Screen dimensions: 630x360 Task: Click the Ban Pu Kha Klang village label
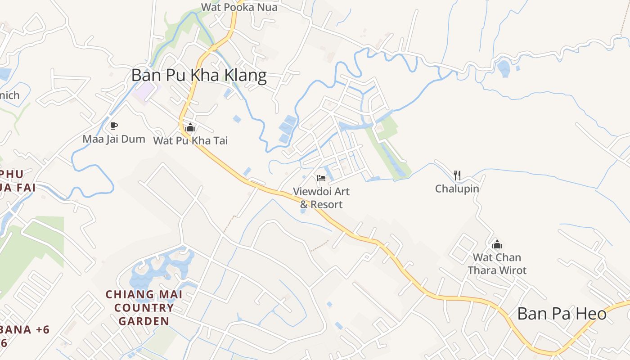199,75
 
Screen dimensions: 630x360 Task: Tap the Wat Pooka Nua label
239,7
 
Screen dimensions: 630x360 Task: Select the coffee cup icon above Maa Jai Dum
114,126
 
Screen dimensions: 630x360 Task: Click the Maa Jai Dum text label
114,139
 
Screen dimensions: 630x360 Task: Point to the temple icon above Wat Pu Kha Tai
190,127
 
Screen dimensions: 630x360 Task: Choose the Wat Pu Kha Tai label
190,141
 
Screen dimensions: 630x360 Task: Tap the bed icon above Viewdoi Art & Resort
321,178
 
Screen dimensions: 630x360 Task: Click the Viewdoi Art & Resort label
321,198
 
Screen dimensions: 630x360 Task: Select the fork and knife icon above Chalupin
457,175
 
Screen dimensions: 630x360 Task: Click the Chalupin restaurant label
457,189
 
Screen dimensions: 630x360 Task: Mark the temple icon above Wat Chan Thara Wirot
497,244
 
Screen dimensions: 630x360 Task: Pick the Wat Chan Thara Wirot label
497,264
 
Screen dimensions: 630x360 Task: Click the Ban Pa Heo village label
562,314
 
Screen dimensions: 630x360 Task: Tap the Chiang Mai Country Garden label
144,308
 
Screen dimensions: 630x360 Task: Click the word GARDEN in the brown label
144,321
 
